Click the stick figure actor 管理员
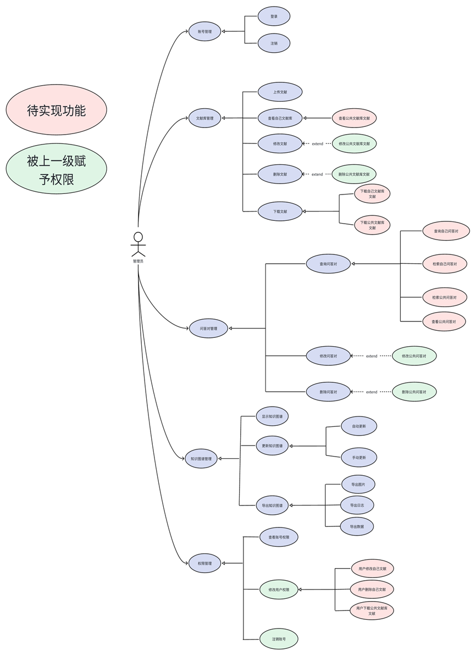pyautogui.click(x=138, y=244)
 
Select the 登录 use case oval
pyautogui.click(x=274, y=16)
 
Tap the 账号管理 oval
pyautogui.click(x=204, y=31)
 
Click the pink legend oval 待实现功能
pyautogui.click(x=56, y=110)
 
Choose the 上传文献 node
pyautogui.click(x=280, y=92)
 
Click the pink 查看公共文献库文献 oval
pyautogui.click(x=354, y=118)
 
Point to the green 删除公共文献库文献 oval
pyautogui.click(x=354, y=174)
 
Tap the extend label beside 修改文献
pyautogui.click(x=317, y=144)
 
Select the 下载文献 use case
pyautogui.click(x=280, y=211)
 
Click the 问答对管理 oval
pyautogui.click(x=208, y=329)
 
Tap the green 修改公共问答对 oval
pyautogui.click(x=414, y=356)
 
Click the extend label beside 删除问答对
pyautogui.click(x=372, y=392)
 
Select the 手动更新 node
pyautogui.click(x=359, y=457)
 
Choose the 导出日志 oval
pyautogui.click(x=357, y=505)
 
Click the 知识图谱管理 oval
pyautogui.click(x=201, y=458)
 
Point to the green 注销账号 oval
pyautogui.click(x=278, y=639)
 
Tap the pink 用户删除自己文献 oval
pyautogui.click(x=372, y=589)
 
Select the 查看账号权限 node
pyautogui.click(x=279, y=536)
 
